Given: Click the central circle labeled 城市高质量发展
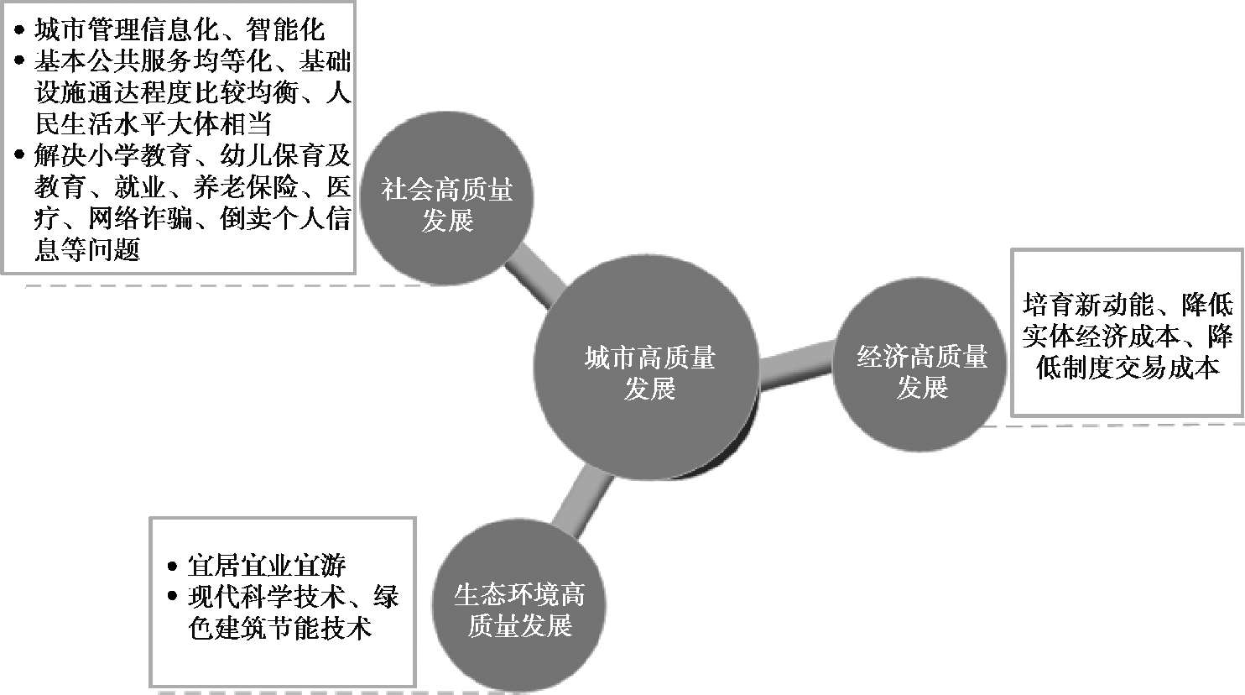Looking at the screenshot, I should click(649, 373).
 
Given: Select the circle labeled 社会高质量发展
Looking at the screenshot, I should click(446, 204).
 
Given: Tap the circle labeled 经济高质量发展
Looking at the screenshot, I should click(921, 373).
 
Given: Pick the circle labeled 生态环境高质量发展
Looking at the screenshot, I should click(518, 610).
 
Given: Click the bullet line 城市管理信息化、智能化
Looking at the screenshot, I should click(179, 31).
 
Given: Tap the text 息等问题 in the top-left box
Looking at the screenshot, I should click(86, 249).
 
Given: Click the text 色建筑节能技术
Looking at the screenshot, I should click(279, 628).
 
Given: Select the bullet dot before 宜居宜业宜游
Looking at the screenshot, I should click(172, 565).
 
